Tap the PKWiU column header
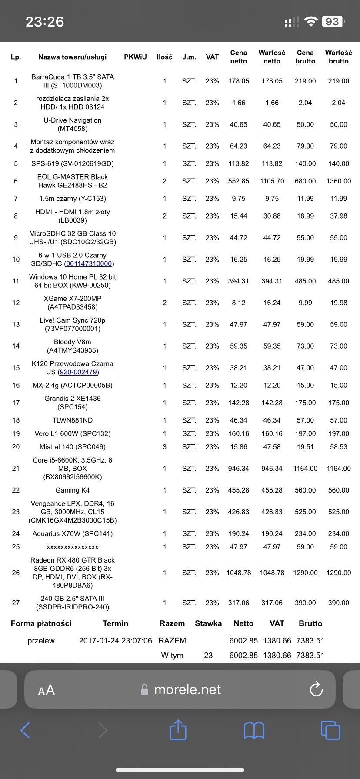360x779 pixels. pyautogui.click(x=135, y=57)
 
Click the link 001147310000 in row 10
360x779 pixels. pyautogui.click(x=89, y=264)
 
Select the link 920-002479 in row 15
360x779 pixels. pyautogui.click(x=78, y=372)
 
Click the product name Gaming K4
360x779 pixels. pyautogui.click(x=73, y=490)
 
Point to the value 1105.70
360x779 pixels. pyautogui.click(x=272, y=181)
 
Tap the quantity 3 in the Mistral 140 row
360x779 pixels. pyautogui.click(x=164, y=447)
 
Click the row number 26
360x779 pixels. pyautogui.click(x=16, y=573)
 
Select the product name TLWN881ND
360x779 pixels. pyautogui.click(x=73, y=420)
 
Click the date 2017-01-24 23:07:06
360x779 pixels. pyautogui.click(x=116, y=641)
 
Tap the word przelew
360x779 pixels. pyautogui.click(x=41, y=641)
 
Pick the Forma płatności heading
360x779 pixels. pyautogui.click(x=41, y=623)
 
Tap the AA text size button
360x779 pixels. pyautogui.click(x=47, y=690)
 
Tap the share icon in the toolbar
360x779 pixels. pyautogui.click(x=178, y=730)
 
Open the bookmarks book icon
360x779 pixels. pyautogui.click(x=254, y=730)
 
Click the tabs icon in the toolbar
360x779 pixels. pyautogui.click(x=330, y=730)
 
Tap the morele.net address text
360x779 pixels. pyautogui.click(x=187, y=689)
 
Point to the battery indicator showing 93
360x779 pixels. pyautogui.click(x=333, y=22)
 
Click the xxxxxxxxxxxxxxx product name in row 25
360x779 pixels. pyautogui.click(x=73, y=547)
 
